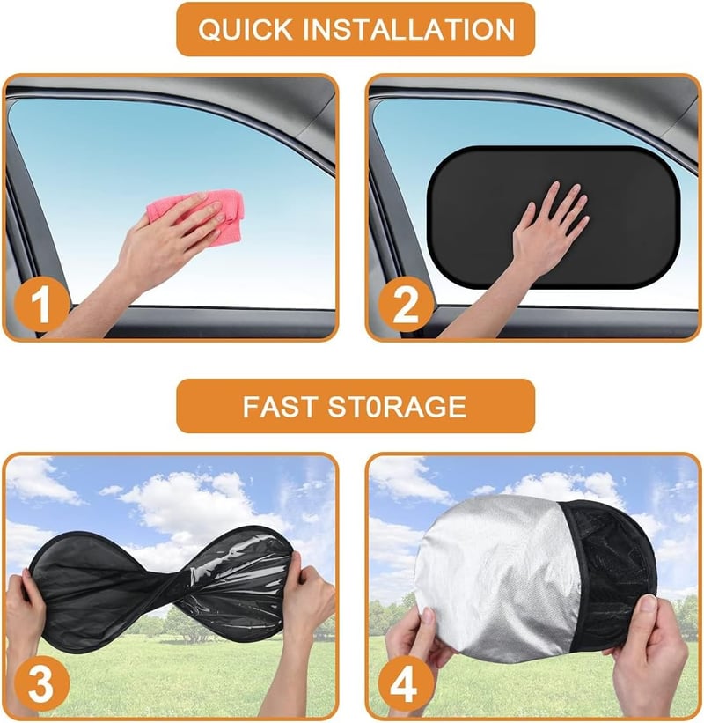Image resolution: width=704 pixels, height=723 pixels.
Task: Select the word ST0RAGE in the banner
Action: tap(397, 407)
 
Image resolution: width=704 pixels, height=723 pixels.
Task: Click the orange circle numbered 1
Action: tap(41, 305)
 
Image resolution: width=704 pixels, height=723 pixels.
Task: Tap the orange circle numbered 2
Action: tap(406, 305)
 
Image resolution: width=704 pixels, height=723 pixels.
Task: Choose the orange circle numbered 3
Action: tap(41, 683)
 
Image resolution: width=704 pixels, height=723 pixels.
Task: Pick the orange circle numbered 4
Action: tap(406, 683)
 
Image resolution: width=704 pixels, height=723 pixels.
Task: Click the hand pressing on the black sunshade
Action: tap(548, 231)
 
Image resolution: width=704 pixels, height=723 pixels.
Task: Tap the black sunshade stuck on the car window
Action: tap(553, 217)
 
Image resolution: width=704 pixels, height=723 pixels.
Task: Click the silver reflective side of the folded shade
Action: tap(497, 576)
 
